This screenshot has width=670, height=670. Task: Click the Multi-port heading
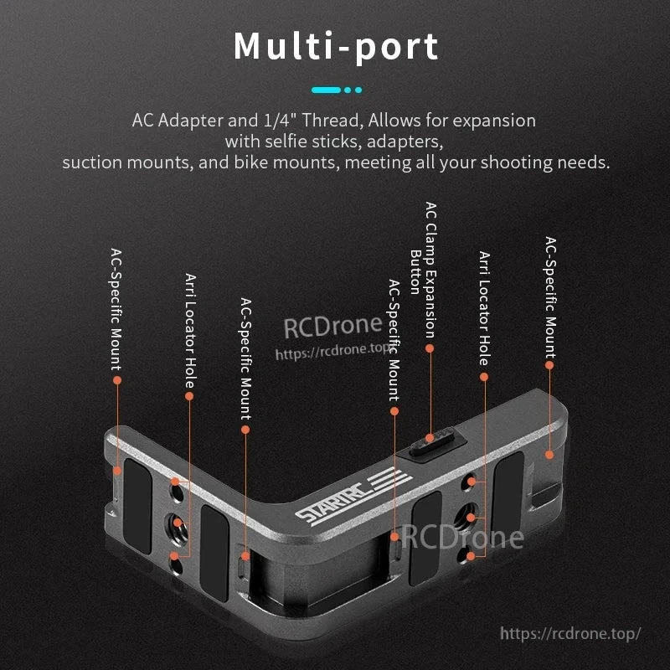point(336,47)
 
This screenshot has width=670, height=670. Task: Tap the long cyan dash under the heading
point(326,90)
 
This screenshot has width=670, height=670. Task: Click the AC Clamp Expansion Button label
point(424,270)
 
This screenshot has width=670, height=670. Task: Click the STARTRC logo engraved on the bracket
point(353,495)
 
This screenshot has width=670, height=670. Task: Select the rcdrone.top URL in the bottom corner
point(570,633)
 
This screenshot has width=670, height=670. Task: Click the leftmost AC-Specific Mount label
point(116,310)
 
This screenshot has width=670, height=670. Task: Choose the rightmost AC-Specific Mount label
point(550,298)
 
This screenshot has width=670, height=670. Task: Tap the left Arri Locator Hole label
point(190,331)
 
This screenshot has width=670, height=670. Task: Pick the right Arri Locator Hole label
point(484,308)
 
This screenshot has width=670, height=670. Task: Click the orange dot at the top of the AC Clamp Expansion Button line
point(430,348)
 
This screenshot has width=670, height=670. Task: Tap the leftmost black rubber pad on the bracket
point(137,507)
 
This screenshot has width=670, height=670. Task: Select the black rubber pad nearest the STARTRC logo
point(425,538)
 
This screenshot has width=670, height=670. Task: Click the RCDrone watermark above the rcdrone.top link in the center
point(332,326)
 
